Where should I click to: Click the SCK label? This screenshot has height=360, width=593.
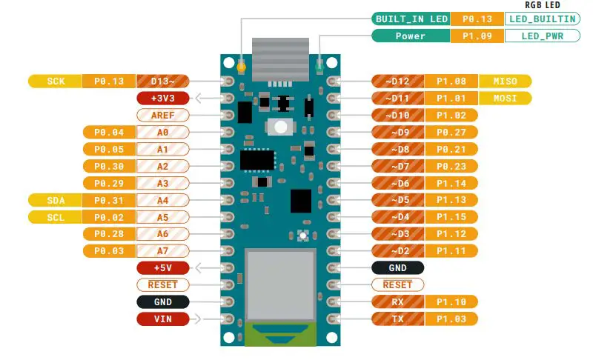[x=56, y=81]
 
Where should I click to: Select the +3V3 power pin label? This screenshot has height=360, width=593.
[x=162, y=98]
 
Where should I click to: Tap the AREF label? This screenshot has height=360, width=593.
[x=162, y=115]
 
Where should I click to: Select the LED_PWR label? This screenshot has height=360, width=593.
[x=543, y=36]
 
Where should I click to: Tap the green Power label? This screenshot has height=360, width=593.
[x=411, y=36]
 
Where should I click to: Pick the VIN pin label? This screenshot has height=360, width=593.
[x=162, y=319]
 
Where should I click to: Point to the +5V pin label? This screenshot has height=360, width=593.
[x=162, y=267]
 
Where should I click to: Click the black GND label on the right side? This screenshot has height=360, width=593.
[x=398, y=267]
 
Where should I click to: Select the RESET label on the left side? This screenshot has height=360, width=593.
[x=162, y=284]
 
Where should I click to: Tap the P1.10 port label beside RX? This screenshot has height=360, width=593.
[x=451, y=301]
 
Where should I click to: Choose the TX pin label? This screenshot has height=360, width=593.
[x=398, y=319]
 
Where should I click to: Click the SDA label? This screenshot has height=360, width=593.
[x=56, y=200]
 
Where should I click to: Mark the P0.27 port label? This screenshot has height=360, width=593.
[x=451, y=132]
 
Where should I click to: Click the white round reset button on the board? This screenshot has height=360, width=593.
[x=280, y=127]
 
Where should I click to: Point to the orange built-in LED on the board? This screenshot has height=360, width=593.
[x=241, y=68]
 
